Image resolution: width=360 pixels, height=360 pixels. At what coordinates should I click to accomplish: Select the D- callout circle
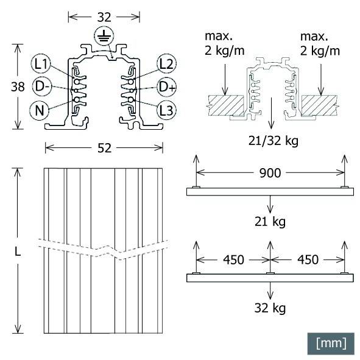click(x=42, y=87)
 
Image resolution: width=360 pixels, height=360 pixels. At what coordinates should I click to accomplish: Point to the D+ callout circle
click(x=167, y=87)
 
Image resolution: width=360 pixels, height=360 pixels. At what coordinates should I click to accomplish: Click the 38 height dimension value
click(x=18, y=87)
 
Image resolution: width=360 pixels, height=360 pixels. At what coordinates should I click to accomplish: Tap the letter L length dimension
click(x=18, y=252)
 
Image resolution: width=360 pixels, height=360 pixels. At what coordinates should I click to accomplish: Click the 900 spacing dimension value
click(x=269, y=174)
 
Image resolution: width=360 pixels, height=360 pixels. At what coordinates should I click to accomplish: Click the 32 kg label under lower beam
click(x=269, y=308)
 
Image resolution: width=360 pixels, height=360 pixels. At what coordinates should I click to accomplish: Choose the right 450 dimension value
click(x=307, y=260)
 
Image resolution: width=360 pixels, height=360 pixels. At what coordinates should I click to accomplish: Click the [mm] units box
click(x=331, y=343)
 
